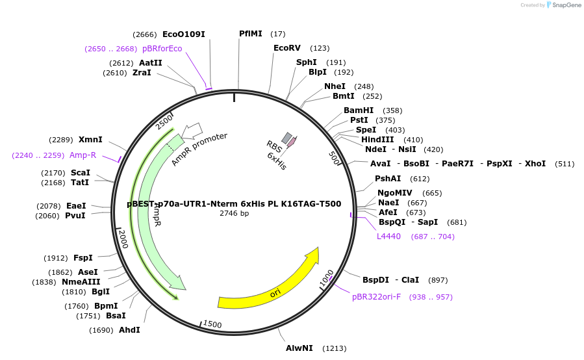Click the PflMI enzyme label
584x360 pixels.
[x=250, y=34]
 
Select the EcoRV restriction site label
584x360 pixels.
[x=287, y=48]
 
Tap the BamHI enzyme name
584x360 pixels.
[x=359, y=110]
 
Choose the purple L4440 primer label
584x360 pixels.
[x=388, y=237]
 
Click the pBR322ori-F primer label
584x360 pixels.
[x=376, y=297]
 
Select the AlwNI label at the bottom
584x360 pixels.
[x=299, y=348]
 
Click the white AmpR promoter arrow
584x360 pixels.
[x=192, y=131]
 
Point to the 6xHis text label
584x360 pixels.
[x=276, y=161]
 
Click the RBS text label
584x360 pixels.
[x=273, y=148]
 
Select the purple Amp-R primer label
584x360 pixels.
[x=83, y=155]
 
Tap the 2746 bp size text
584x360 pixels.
[x=234, y=213]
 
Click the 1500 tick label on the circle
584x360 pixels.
[x=212, y=324]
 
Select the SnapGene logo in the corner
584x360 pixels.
[x=563, y=5]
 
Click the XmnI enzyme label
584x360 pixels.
[x=90, y=140]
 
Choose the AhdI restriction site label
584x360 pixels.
[x=129, y=330]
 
